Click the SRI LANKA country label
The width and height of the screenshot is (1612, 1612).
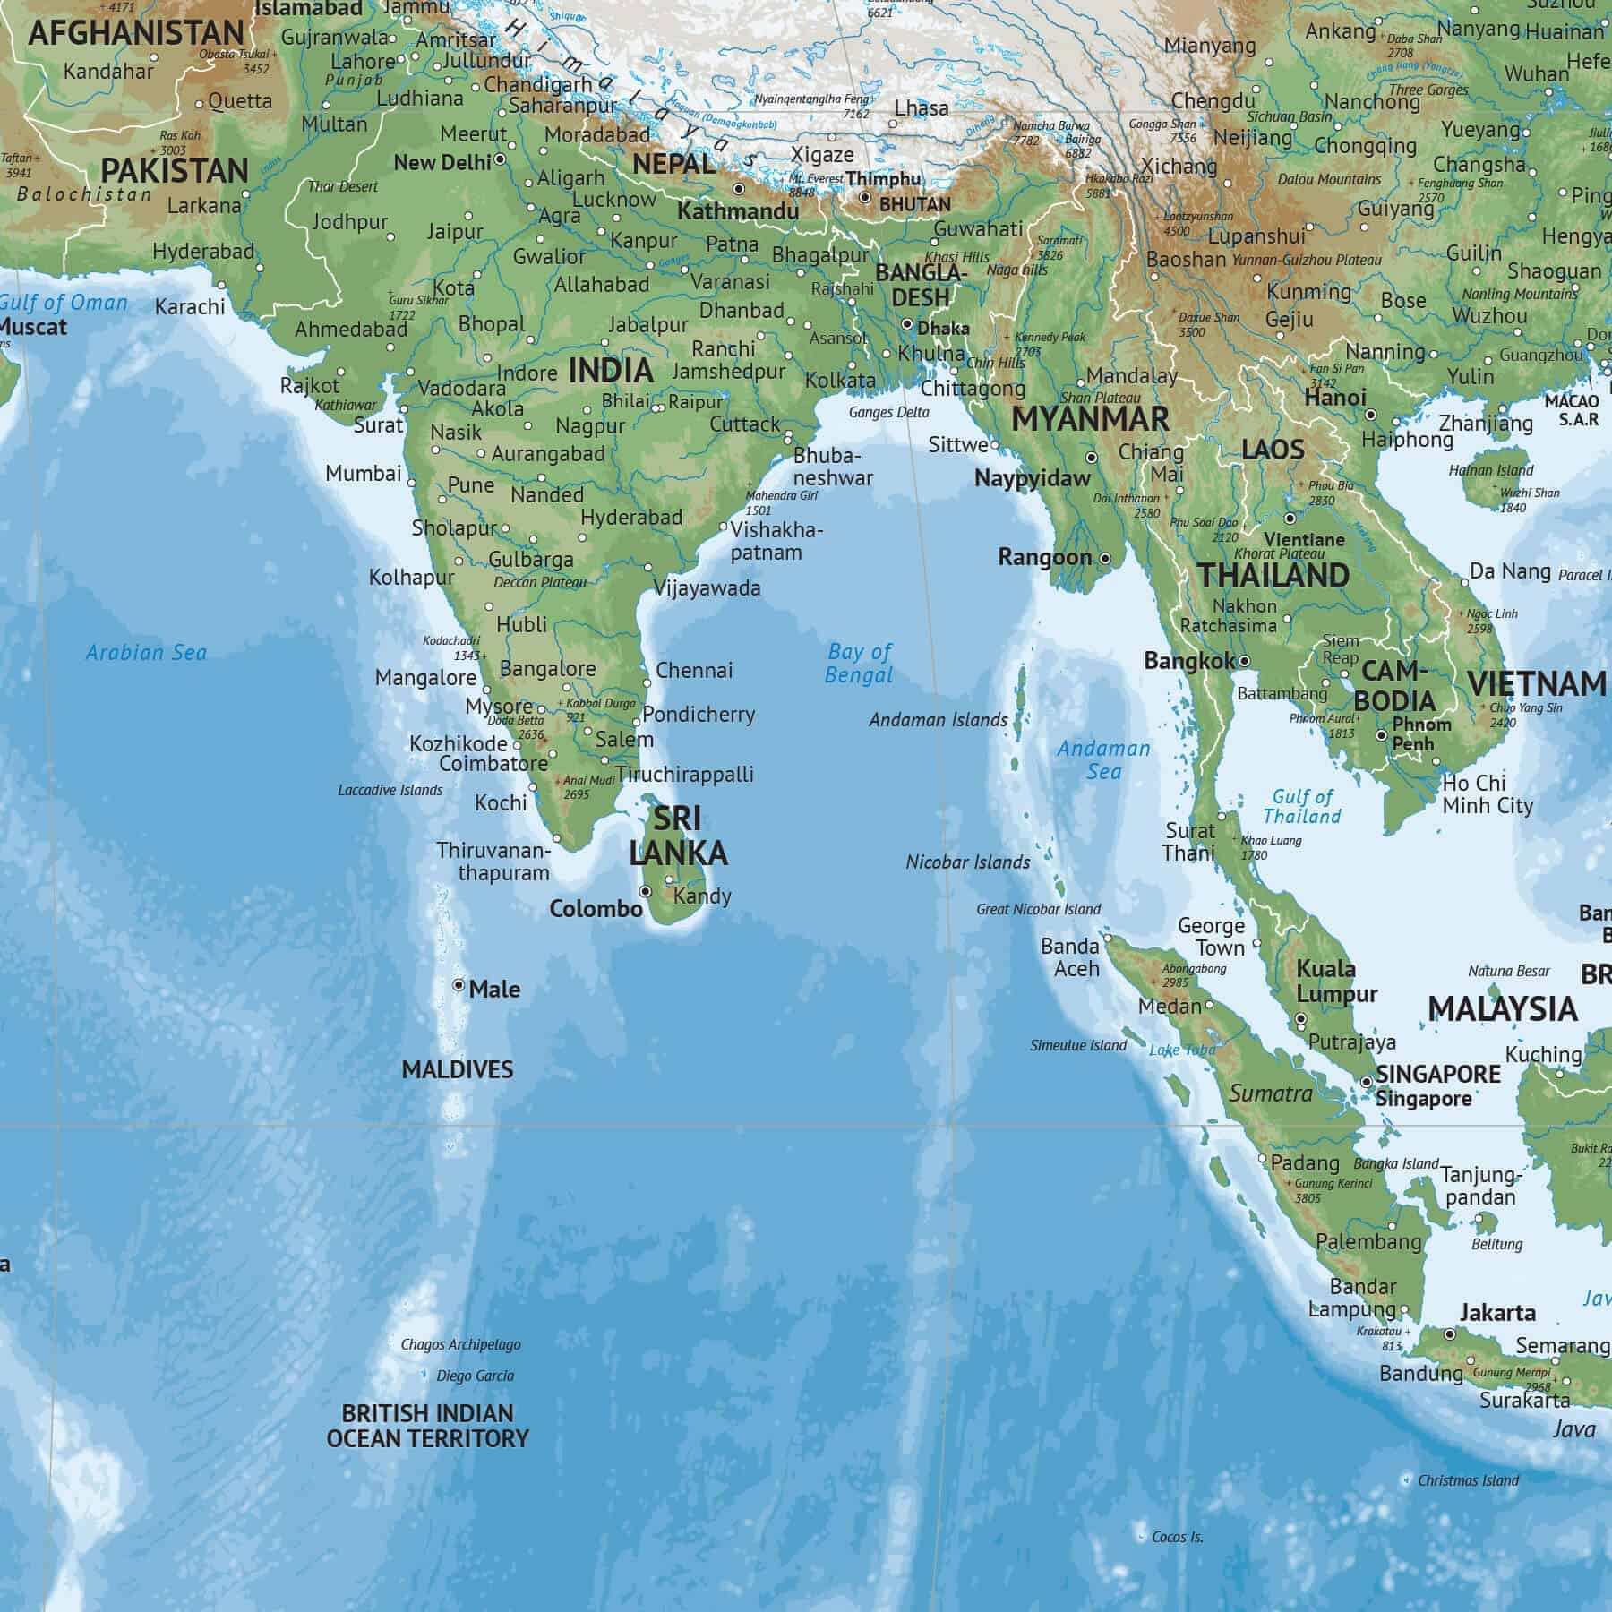coord(678,836)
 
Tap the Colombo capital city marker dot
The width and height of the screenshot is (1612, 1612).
coord(645,892)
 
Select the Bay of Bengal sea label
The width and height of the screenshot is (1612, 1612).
coord(859,664)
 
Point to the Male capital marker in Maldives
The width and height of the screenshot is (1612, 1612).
coord(459,985)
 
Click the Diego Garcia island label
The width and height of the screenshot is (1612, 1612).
coord(475,1376)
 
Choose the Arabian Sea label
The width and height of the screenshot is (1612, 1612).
coord(146,653)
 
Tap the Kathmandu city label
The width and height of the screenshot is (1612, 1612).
coord(737,212)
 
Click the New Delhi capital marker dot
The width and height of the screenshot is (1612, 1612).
coord(500,159)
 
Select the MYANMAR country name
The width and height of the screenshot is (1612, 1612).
coord(1090,419)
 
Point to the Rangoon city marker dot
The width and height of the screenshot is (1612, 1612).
coord(1105,558)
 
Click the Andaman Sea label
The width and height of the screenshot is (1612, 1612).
coord(1103,759)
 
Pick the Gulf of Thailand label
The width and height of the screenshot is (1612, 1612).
coord(1302,806)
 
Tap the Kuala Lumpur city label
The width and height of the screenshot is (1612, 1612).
coord(1336,982)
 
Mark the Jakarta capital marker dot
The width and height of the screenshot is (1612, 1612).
coord(1450,1334)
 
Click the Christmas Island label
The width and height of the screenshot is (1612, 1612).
coord(1468,1480)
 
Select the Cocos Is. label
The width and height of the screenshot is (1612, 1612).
coord(1177,1537)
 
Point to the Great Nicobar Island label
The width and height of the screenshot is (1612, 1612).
coord(1038,909)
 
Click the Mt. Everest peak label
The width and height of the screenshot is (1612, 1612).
coord(815,178)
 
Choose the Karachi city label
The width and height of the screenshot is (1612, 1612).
coord(190,307)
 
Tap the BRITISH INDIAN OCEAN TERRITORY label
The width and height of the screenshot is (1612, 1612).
coord(427,1426)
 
